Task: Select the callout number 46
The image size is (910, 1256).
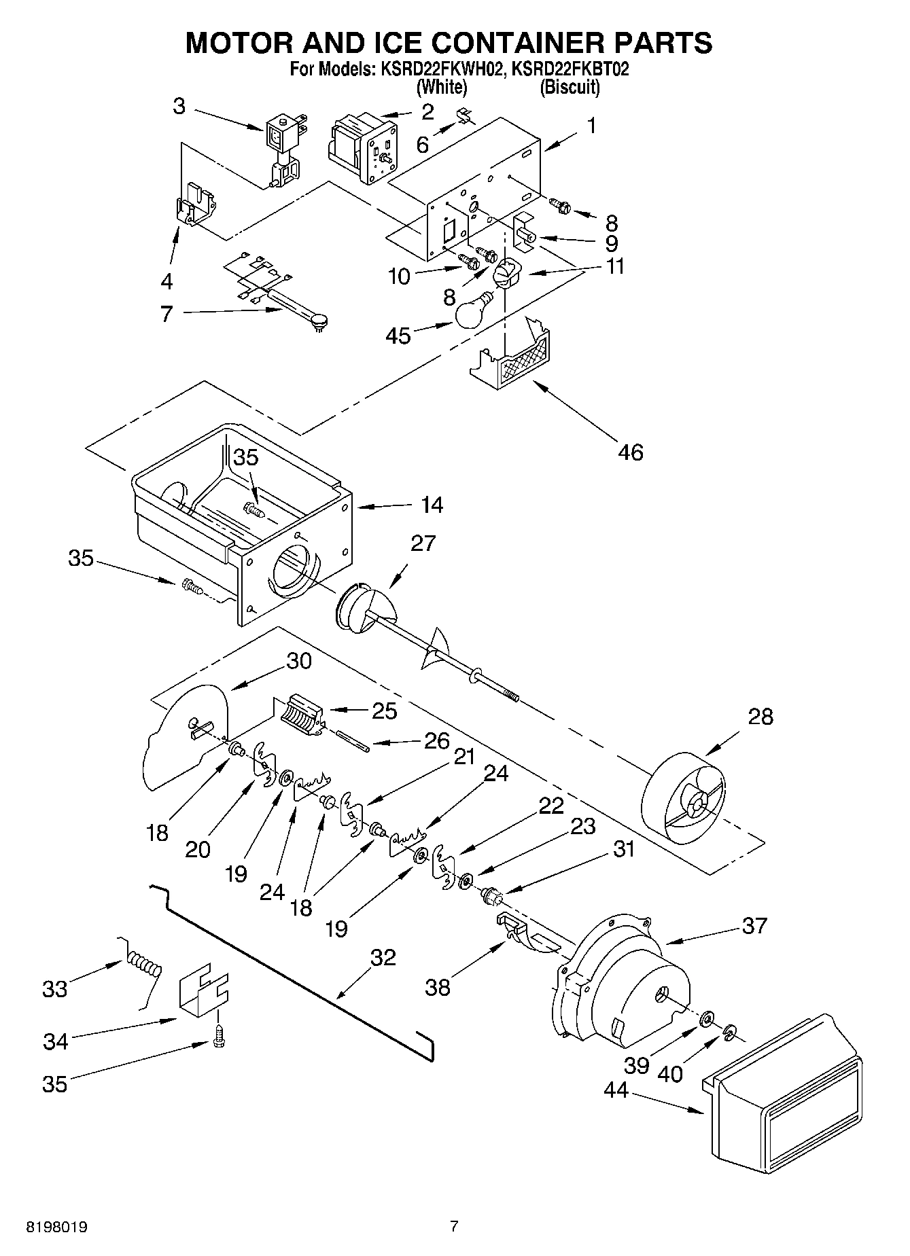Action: [x=631, y=452]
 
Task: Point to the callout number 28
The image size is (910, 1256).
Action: [x=760, y=717]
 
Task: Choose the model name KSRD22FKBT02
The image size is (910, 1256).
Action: [x=570, y=69]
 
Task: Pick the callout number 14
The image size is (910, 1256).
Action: [x=432, y=505]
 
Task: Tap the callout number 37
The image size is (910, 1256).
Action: [x=754, y=925]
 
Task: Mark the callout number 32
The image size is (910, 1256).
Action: [x=383, y=957]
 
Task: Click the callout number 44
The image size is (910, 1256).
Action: [x=616, y=1090]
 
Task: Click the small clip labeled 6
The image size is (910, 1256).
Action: [x=465, y=116]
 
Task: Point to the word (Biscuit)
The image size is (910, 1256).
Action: [x=570, y=87]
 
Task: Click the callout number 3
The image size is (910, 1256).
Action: [x=179, y=106]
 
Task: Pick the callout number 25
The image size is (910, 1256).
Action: [x=384, y=711]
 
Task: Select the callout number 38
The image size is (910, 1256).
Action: [x=438, y=987]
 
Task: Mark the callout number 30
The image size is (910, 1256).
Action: [x=298, y=661]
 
